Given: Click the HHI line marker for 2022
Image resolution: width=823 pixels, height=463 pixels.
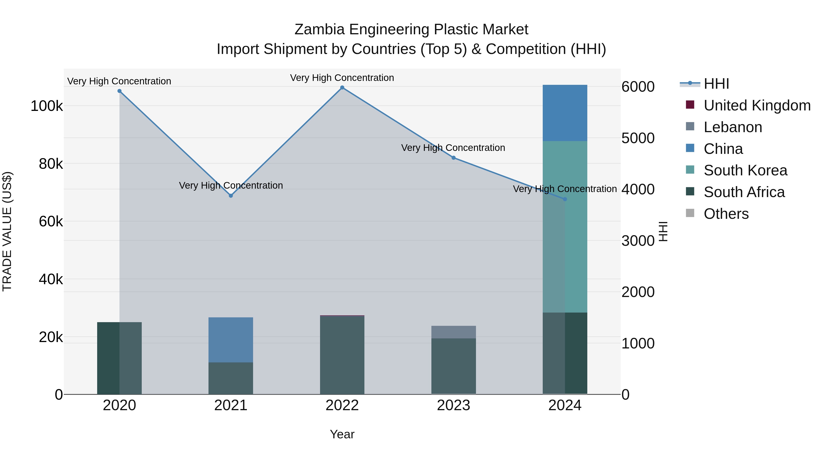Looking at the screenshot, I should point(342,88).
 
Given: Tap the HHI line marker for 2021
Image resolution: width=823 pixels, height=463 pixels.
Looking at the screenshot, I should point(231,195).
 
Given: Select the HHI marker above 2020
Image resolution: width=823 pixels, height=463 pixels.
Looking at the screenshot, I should point(120,91).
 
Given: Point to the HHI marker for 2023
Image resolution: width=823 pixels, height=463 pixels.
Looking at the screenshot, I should point(453,158).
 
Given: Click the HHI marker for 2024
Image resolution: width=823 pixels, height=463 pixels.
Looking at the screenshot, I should point(565,199).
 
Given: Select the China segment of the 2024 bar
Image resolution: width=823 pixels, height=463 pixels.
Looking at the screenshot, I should point(565,113).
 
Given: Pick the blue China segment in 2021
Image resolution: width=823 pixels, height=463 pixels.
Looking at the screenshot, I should point(231,340).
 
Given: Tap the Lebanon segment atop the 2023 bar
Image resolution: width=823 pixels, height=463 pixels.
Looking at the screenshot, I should point(453,332).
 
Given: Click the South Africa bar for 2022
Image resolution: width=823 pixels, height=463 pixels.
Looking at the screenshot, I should point(342,355).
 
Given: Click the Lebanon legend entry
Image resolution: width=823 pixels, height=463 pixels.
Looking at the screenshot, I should point(733,127).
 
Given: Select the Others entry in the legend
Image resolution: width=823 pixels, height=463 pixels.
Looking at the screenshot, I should point(726,214).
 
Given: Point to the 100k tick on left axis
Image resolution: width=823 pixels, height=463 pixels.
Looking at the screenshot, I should point(47,106).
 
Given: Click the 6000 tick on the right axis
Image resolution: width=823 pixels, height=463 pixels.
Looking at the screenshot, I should point(638,87).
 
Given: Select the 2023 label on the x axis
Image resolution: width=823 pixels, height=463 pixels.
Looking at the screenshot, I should point(453,405).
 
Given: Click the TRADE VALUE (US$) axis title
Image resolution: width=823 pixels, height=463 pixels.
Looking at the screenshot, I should point(7,231).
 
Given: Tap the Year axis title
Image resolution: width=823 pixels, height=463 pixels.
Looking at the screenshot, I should point(342,434).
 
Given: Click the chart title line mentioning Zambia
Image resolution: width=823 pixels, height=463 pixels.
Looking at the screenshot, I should point(411,29).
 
